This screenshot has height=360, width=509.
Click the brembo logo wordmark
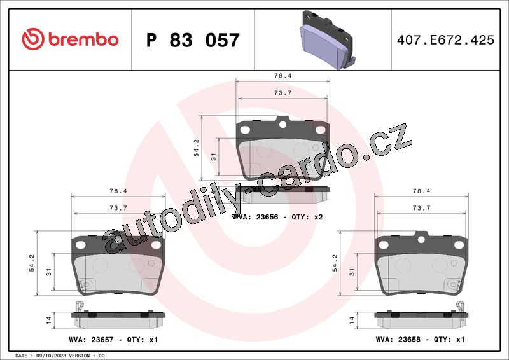point(83,39)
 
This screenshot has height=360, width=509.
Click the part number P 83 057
point(193,40)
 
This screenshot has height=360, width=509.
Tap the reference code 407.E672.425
point(445,40)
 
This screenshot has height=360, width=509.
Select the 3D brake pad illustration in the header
point(327,40)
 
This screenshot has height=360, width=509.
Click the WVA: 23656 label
point(256,217)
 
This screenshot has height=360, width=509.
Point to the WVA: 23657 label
point(91,340)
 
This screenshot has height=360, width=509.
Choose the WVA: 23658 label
point(398,339)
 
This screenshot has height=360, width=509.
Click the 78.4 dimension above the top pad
point(282,76)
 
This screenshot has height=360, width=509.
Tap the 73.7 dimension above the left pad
point(118,208)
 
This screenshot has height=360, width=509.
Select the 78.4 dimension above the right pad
point(421,191)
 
